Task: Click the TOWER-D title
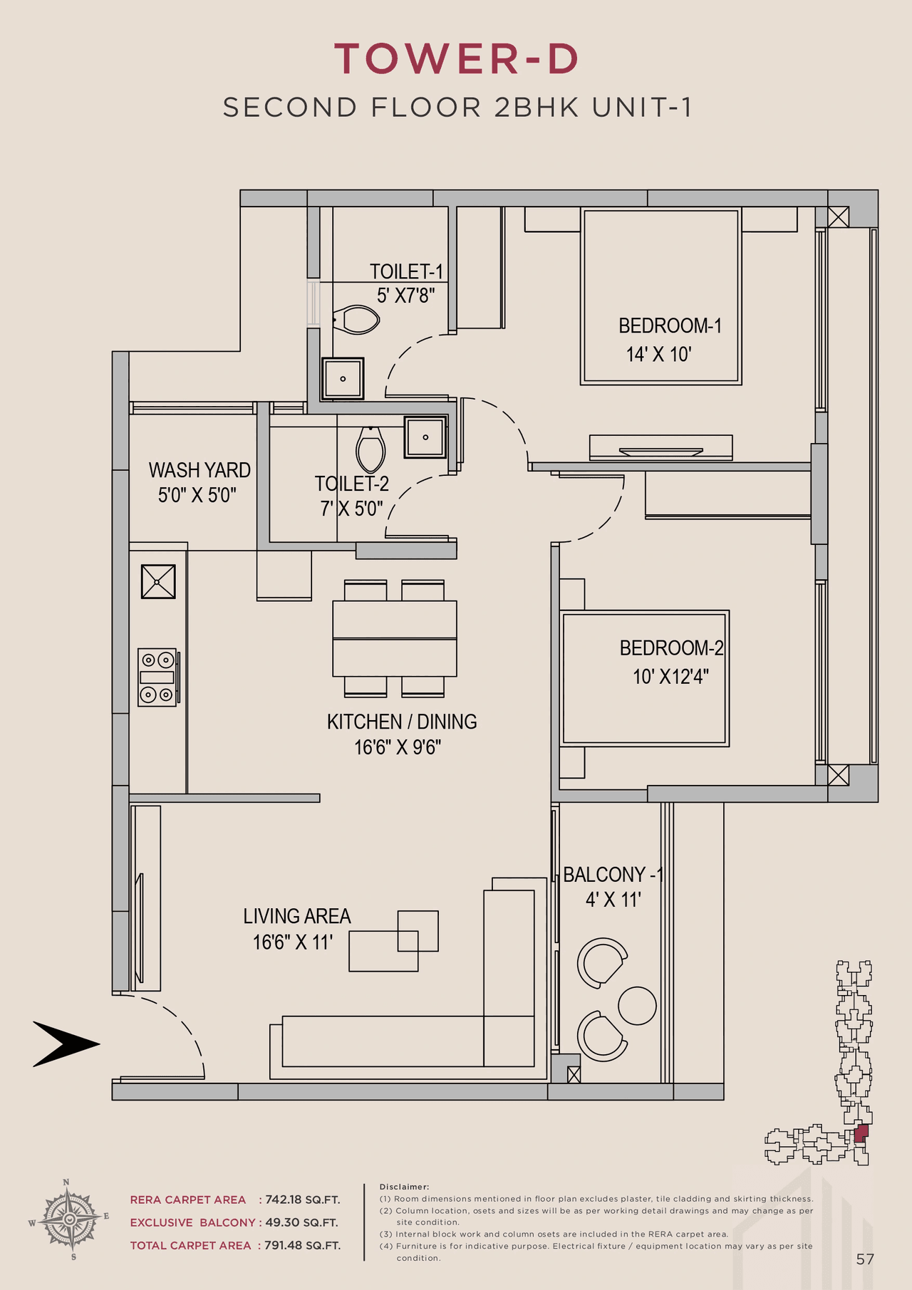456,58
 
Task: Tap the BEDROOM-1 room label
670,326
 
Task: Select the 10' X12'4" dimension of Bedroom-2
670,676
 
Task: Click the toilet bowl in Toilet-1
358,320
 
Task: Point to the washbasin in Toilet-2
425,437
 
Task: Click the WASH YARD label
199,470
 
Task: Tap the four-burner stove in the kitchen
157,677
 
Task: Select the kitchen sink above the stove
158,581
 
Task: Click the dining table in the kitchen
394,638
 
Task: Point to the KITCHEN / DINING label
402,722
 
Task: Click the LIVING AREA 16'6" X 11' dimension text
293,942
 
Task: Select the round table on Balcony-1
637,1005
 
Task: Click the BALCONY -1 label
613,875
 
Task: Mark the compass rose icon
69,1219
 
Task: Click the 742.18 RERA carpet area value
284,1200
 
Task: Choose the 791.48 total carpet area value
284,1245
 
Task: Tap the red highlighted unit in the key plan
861,1133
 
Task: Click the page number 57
865,1259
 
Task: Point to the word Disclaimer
404,1187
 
